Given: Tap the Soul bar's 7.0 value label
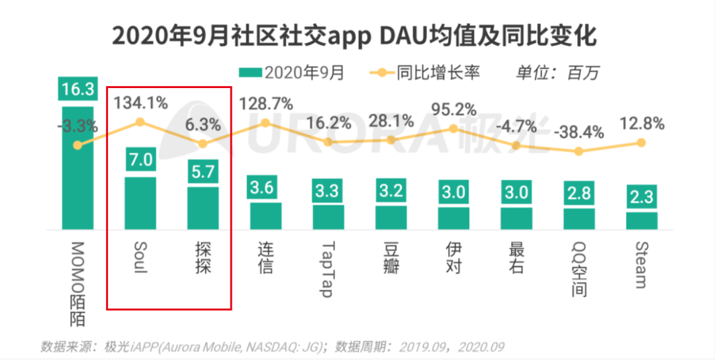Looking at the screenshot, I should point(140,160).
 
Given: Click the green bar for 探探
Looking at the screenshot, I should point(203,208).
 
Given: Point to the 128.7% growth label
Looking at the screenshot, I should point(265,103).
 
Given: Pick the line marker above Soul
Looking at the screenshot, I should point(140,122).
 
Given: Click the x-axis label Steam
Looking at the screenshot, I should point(640,265).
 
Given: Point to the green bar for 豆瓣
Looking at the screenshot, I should point(391,217).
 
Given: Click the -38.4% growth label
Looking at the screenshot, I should point(580,132).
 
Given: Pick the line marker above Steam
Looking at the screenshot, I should point(641,142).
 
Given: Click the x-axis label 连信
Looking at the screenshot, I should point(265,258).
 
